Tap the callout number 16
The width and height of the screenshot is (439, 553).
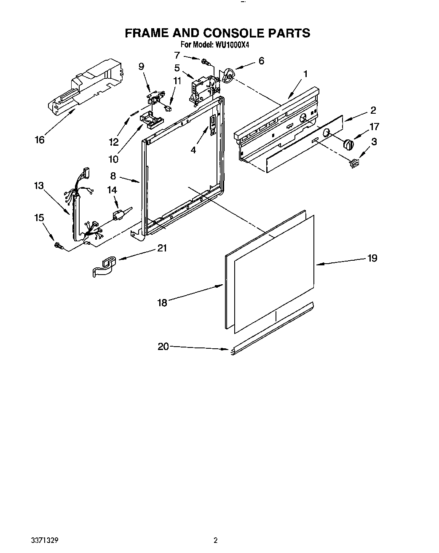(39, 140)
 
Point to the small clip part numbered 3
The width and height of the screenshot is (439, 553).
(354, 162)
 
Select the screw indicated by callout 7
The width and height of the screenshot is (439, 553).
(206, 61)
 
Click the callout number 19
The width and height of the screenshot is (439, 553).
(372, 258)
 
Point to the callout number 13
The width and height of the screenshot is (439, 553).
(39, 185)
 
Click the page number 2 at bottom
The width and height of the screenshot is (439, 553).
(216, 539)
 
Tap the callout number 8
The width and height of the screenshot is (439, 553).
(113, 176)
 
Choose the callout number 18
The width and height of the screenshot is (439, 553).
(162, 302)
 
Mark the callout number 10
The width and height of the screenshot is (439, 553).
(113, 159)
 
